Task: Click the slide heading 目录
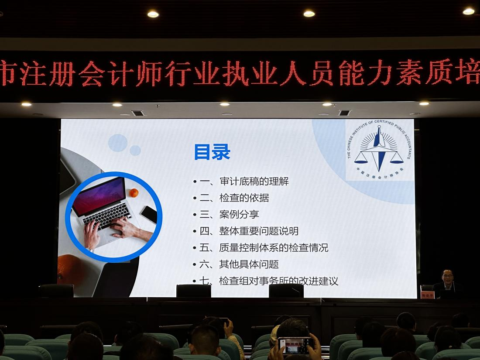212,152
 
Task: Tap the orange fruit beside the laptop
134,192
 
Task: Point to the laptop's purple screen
99,196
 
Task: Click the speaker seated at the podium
447,281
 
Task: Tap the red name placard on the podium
428,295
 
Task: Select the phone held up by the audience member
295,345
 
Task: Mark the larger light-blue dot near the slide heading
118,143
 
